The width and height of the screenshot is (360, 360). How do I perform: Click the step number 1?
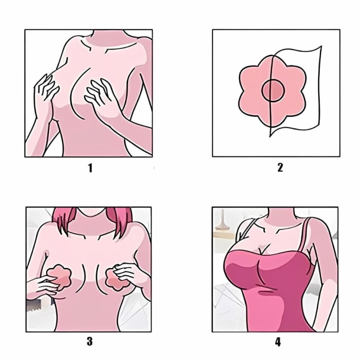click(90, 168)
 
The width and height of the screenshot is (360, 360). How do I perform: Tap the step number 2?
click(280, 168)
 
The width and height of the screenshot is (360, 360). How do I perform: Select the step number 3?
click(90, 341)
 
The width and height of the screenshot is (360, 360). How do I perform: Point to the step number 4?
click(278, 342)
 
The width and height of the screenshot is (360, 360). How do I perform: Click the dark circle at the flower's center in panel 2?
click(273, 90)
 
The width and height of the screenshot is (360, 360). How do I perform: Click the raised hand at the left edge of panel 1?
click(46, 92)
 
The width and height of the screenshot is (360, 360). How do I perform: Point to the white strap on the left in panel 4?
click(247, 232)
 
